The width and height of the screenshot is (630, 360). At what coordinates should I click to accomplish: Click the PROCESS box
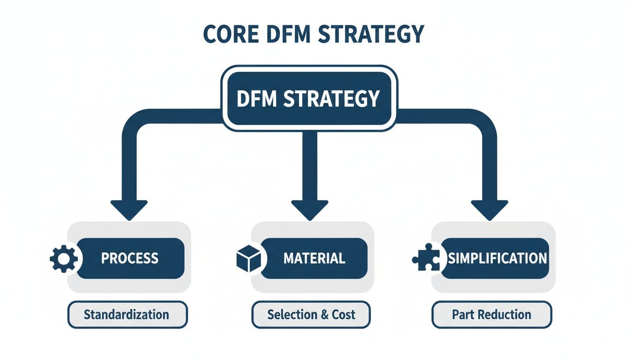130,258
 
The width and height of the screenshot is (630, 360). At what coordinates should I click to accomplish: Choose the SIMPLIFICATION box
497,258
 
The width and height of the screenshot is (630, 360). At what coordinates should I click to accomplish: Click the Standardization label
127,314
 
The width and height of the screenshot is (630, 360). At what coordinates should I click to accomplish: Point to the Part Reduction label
491,315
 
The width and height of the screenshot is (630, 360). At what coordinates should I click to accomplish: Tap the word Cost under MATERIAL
344,315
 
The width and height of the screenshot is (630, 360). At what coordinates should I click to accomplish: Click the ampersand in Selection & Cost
324,315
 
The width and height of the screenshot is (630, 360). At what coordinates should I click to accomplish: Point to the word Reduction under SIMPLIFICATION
508,315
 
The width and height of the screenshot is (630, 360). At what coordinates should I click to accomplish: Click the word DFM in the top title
288,34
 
